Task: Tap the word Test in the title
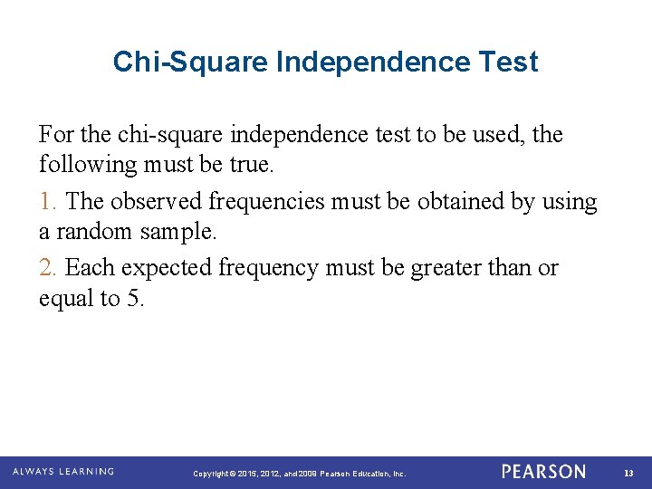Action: [x=510, y=62]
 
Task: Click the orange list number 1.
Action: [x=45, y=201]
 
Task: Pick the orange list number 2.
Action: [x=46, y=268]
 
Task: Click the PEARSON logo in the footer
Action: [x=543, y=472]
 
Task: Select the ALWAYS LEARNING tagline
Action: [x=63, y=472]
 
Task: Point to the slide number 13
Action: [x=629, y=473]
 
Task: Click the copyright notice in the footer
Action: [x=300, y=474]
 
